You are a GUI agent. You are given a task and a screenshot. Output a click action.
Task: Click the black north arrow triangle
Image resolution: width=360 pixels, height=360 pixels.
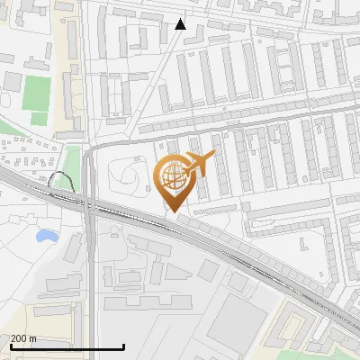tap(181, 24)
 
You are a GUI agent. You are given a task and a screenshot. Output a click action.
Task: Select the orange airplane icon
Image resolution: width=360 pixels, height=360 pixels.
tap(198, 165)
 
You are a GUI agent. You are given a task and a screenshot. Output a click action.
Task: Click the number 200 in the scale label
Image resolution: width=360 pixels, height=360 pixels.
tap(18, 338)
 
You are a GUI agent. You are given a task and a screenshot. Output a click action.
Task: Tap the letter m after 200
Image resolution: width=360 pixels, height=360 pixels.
tap(33, 338)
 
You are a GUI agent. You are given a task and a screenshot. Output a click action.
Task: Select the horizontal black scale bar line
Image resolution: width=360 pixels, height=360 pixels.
tap(67, 346)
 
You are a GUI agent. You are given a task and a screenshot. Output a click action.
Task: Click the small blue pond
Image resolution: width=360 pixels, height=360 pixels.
tap(45, 237)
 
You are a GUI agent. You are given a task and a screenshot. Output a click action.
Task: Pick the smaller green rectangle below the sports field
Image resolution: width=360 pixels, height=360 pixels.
tap(38, 117)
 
